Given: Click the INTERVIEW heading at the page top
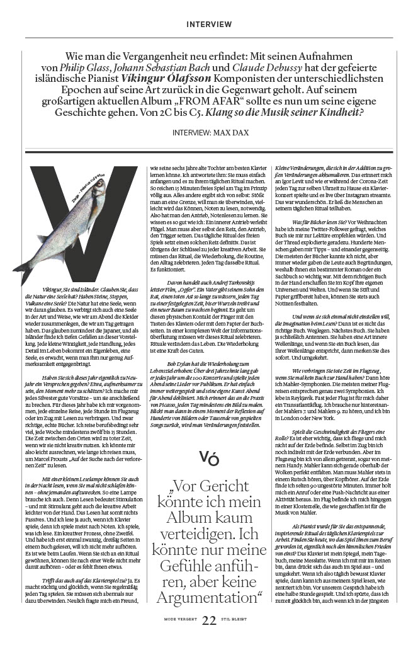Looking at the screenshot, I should coord(209,25).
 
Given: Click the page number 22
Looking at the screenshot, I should coord(209,621).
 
